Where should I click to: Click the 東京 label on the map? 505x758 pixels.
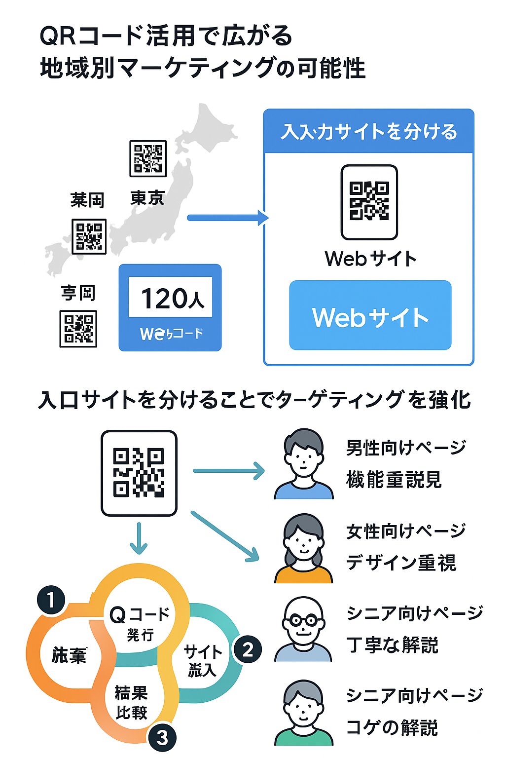147,198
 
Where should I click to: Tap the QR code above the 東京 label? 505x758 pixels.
148,158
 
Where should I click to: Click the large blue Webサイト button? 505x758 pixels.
370,316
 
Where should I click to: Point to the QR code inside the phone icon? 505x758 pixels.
369,201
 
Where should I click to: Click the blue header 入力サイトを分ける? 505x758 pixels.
369,132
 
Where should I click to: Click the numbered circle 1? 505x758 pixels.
51,600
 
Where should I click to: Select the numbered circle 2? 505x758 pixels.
248,649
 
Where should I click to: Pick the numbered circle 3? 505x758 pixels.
162,738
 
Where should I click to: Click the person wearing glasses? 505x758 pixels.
303,629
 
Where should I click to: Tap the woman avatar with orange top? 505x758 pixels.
304,548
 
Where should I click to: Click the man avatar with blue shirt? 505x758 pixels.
304,464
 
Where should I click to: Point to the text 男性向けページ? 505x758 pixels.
406,448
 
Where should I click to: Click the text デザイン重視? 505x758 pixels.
401,563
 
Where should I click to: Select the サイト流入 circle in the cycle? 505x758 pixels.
202,660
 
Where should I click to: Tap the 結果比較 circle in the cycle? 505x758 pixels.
131,703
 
